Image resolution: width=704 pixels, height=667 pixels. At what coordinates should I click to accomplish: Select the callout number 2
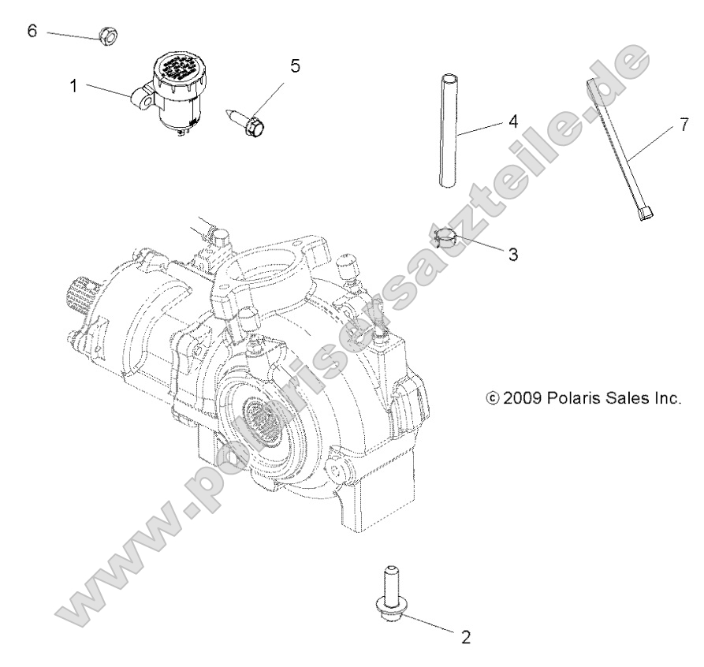[466, 637]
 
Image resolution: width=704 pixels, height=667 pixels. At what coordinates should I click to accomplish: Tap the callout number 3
[512, 255]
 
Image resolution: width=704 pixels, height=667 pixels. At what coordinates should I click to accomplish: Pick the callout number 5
[295, 65]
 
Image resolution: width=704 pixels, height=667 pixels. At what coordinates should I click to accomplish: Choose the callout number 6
[32, 31]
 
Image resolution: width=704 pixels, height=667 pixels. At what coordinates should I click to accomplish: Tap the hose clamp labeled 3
[446, 236]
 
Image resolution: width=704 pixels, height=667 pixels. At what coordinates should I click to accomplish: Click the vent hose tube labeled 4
[448, 130]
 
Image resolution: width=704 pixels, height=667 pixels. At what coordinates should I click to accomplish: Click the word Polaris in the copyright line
[575, 398]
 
